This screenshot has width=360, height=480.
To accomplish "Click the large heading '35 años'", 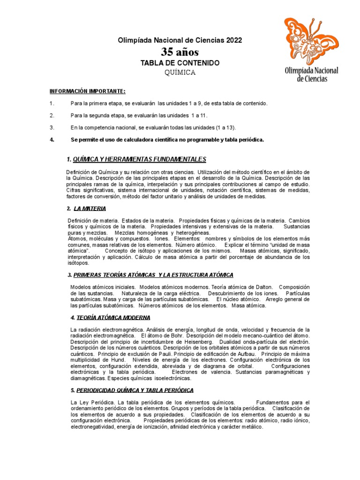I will pyautogui.click(x=180, y=52).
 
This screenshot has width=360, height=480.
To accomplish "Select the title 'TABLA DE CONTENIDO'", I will pyautogui.click(x=180, y=63).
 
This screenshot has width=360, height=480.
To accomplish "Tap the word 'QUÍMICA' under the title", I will pyautogui.click(x=180, y=73).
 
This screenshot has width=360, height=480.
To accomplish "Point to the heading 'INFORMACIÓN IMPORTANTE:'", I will pyautogui.click(x=88, y=91).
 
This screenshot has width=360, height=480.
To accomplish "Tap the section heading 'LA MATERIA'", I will pyautogui.click(x=90, y=209).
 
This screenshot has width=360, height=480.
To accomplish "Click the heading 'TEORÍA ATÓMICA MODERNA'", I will pyautogui.click(x=110, y=318).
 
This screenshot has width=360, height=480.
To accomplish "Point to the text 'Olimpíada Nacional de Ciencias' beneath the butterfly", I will pyautogui.click(x=312, y=74).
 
